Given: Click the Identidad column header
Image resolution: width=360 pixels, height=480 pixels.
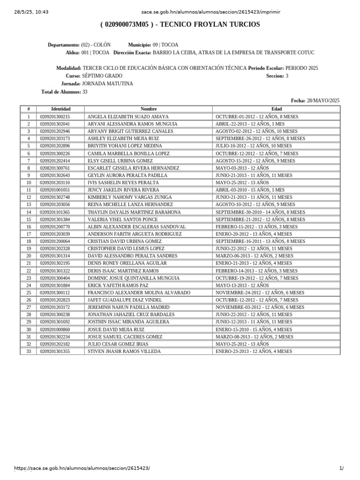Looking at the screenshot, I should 60,109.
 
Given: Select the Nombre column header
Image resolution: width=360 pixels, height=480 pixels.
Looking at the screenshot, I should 148,109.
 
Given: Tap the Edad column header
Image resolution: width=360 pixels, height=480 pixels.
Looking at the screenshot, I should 277,109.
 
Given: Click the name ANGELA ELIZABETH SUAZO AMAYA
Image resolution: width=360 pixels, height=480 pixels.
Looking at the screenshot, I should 128,116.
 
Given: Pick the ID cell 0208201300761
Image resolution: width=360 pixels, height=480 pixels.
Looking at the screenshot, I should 55,168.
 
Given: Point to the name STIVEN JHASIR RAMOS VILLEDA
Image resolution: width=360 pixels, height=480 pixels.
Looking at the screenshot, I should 124,351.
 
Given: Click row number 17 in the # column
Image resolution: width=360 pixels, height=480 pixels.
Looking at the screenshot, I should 28,234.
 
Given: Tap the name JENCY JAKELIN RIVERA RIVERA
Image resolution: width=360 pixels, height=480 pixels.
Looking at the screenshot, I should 123,190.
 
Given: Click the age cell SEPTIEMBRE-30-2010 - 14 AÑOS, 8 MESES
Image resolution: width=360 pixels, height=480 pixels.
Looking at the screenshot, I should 260,212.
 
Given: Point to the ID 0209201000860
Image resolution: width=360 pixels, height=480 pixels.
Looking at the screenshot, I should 55,329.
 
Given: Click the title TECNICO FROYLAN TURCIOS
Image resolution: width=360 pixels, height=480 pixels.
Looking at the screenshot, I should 210,24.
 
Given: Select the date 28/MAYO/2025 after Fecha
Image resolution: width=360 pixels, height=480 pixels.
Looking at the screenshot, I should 323,100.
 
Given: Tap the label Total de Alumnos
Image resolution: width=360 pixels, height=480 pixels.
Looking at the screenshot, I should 61,92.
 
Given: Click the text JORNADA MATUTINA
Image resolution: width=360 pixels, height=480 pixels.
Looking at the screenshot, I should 107,83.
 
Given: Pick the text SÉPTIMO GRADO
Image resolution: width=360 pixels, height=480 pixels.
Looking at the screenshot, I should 102,75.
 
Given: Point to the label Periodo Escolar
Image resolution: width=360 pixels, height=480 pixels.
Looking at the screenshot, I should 266,68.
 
